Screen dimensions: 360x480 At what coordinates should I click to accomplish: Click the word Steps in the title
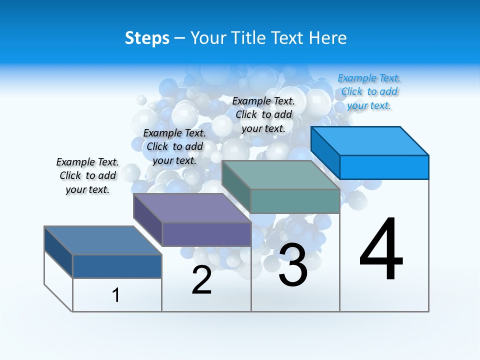(147, 38)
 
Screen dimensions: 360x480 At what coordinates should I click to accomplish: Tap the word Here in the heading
(325, 38)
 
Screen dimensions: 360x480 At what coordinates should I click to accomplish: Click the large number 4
(381, 249)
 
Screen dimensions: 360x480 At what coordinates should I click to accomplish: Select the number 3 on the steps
(293, 265)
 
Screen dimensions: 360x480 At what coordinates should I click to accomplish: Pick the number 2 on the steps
(201, 280)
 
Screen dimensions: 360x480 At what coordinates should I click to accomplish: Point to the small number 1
(116, 295)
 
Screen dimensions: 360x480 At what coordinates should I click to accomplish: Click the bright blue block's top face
(370, 140)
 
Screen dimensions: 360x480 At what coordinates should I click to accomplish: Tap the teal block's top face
(280, 175)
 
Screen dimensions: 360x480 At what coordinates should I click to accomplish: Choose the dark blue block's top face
(103, 240)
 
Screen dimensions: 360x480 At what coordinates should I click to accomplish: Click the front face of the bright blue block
(384, 167)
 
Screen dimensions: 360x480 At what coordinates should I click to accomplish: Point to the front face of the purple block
(206, 234)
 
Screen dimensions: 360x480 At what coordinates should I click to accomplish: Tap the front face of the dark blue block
(117, 266)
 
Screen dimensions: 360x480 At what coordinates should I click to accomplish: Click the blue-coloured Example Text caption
(369, 92)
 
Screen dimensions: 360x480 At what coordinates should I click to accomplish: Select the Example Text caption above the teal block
(263, 114)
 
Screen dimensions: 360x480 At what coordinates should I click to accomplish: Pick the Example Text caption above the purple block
(174, 146)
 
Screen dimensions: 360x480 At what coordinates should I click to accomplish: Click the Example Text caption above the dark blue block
(87, 175)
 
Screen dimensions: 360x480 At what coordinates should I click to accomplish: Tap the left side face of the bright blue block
(325, 152)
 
